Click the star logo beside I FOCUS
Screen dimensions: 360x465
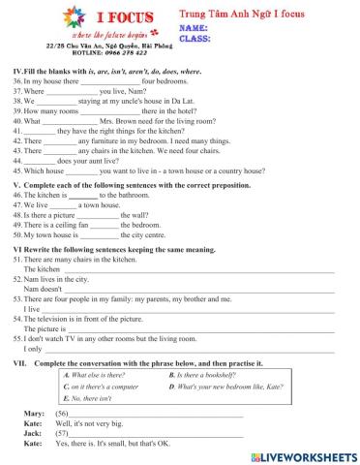[x=73, y=18]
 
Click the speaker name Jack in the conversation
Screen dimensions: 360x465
[x=31, y=433]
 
